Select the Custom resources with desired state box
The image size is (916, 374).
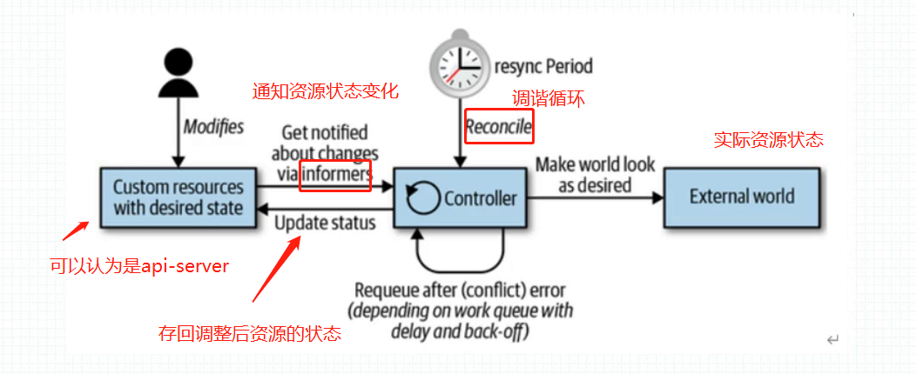tap(178, 197)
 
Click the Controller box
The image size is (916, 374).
tap(461, 198)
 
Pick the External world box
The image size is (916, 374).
tap(742, 197)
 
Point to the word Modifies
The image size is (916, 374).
tap(213, 127)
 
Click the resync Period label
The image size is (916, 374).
tap(543, 66)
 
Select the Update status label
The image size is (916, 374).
tap(326, 222)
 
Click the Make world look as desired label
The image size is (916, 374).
tap(596, 175)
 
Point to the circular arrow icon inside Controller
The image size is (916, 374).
tap(424, 199)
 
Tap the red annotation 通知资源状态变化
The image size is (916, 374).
tap(326, 91)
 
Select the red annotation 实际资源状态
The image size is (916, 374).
tap(769, 140)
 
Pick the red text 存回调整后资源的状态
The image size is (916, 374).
tap(250, 333)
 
